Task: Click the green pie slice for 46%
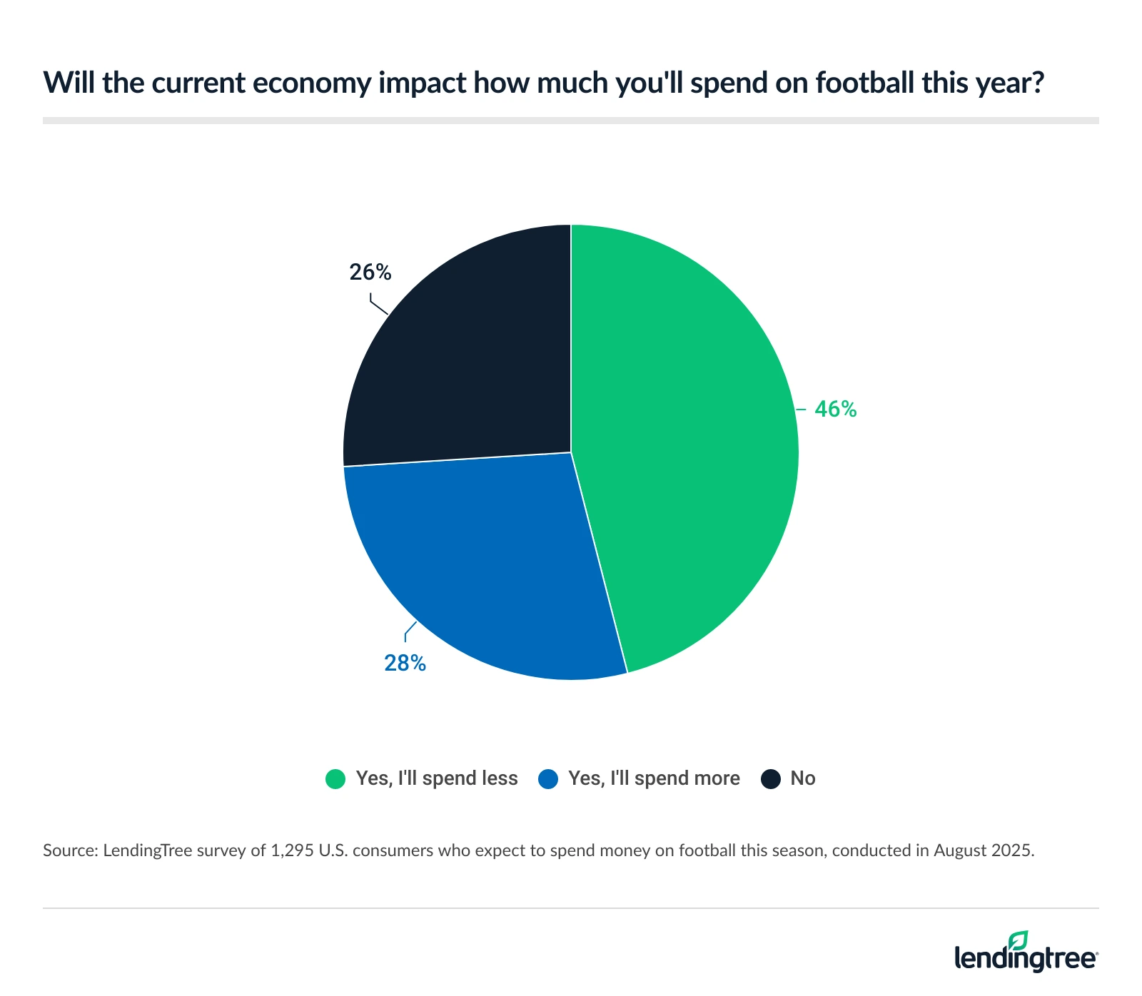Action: [685, 442]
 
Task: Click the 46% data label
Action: [835, 409]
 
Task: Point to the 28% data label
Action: [405, 664]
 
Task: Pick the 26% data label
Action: [370, 272]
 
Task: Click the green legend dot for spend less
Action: [335, 778]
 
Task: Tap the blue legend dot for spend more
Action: [547, 778]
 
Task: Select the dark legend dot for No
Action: [770, 778]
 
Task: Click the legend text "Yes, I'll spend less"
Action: [437, 778]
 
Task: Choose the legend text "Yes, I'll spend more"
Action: [654, 778]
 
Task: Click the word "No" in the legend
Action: [802, 778]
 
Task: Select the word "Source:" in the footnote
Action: [70, 850]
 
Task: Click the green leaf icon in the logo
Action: [1019, 940]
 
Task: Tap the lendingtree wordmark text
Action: [1025, 959]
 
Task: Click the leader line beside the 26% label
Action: [378, 307]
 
